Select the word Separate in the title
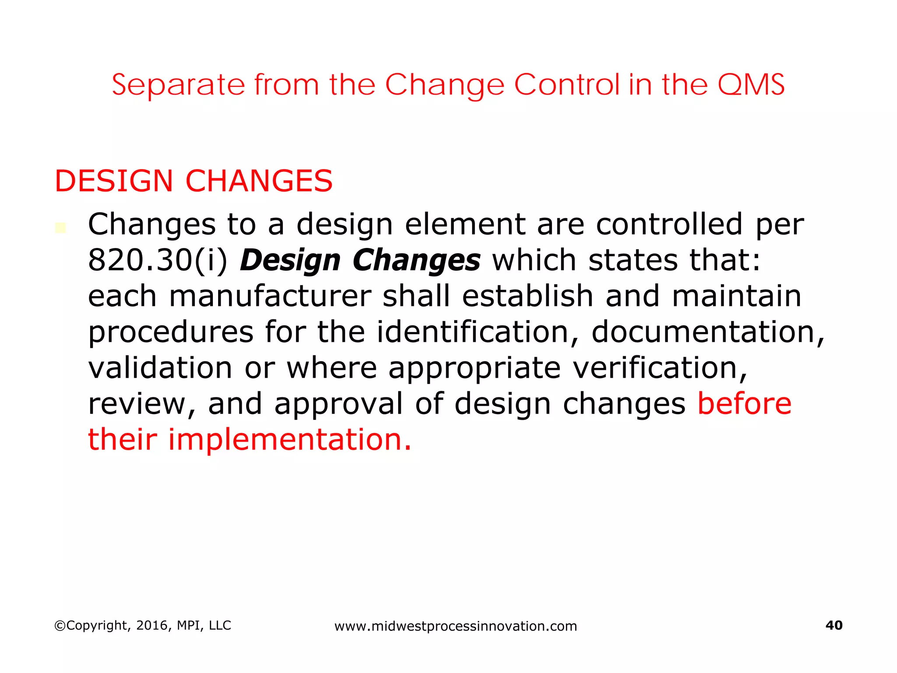click(178, 85)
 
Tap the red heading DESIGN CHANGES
click(193, 181)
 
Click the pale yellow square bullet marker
click(60, 228)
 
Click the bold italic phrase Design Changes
click(360, 260)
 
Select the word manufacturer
click(270, 296)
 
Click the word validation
click(160, 368)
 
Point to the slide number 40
click(833, 625)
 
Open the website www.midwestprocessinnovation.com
click(456, 626)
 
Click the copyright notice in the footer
click(142, 625)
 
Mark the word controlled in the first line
click(669, 224)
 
